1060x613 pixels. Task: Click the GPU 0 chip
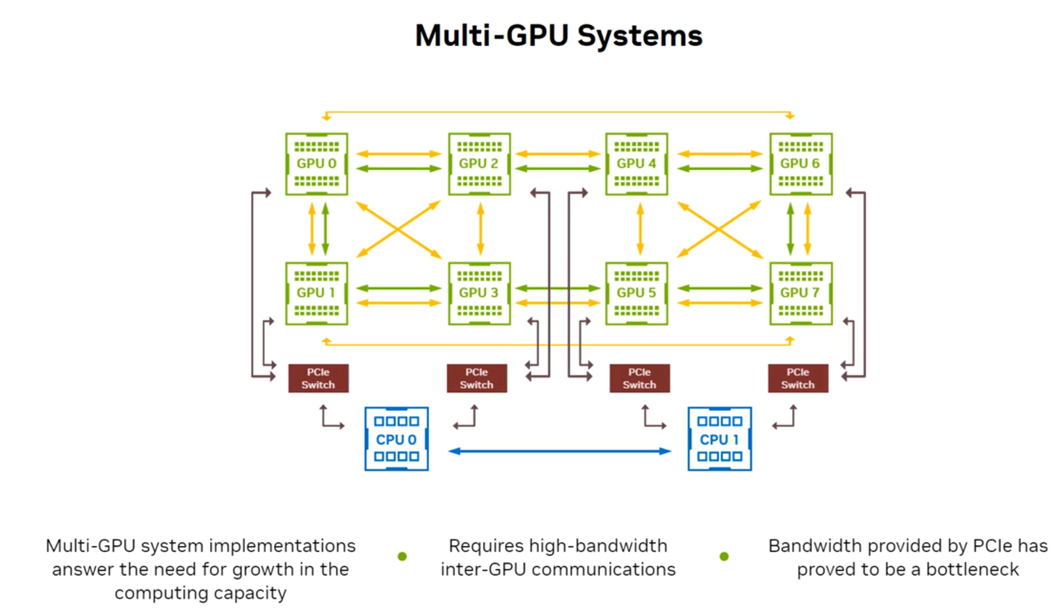pos(316,164)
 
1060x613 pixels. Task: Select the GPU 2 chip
pos(479,164)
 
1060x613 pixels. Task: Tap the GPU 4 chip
pos(636,164)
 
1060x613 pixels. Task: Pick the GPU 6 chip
pos(800,164)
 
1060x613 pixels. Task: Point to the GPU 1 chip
pos(316,293)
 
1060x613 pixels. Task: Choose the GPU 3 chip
pos(479,293)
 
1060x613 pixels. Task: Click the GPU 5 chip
pos(636,293)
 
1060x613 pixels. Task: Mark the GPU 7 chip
pos(800,293)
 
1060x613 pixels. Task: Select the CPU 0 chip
pos(396,439)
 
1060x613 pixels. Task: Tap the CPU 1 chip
pos(720,439)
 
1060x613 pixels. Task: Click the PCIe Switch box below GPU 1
pos(318,378)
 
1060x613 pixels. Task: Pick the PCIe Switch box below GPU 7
pos(798,378)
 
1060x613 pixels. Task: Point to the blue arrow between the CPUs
pos(560,451)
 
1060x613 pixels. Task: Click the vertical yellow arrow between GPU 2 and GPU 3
pos(480,229)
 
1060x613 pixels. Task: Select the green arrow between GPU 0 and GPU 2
pos(398,169)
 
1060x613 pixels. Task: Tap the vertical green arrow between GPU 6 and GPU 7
pos(790,229)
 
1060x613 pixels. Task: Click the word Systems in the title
pos(639,36)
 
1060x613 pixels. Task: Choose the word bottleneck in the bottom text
pos(972,569)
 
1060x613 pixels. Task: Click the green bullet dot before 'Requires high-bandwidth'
pos(402,556)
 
